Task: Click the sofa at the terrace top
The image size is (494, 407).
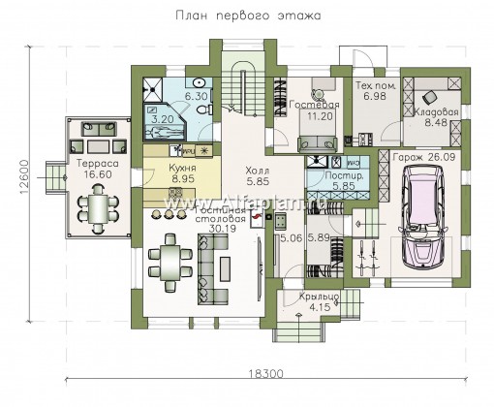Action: point(97,127)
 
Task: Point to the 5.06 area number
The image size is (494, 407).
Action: point(288,235)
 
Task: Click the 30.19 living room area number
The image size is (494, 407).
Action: point(191,229)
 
